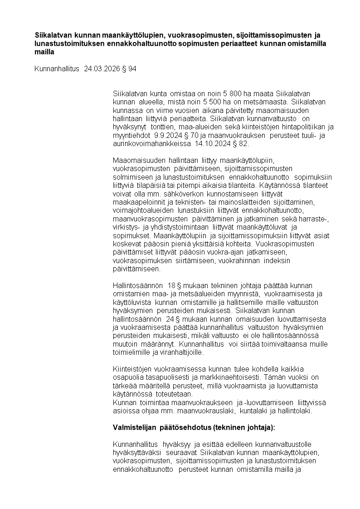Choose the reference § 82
pyautogui.click(x=241, y=143)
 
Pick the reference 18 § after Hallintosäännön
pyautogui.click(x=174, y=285)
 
